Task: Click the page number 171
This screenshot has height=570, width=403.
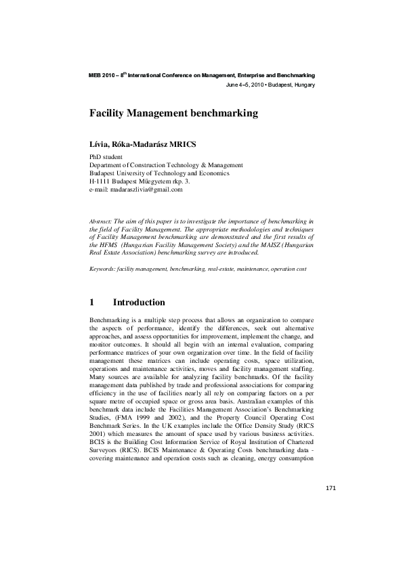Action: [331, 487]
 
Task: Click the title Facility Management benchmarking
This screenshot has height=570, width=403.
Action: [174, 114]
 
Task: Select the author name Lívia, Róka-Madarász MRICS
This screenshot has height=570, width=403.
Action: [144, 145]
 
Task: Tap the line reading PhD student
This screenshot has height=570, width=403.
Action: [106, 156]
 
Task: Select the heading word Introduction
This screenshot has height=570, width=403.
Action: [138, 302]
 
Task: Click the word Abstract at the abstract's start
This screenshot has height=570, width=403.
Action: [101, 221]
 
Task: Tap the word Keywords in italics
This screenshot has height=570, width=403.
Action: [102, 269]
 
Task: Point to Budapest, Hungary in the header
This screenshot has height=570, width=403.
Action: [292, 85]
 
